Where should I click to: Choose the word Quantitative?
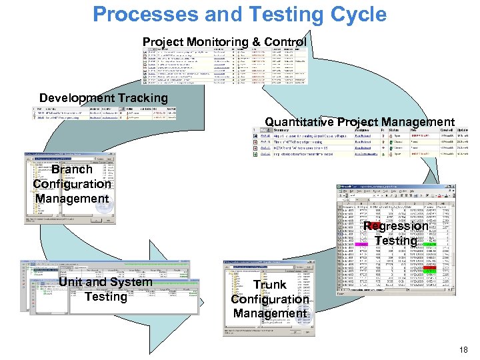(299, 122)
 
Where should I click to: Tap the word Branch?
(72, 169)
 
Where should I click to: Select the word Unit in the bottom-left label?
(72, 282)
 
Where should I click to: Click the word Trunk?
(270, 285)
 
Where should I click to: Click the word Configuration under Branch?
(72, 184)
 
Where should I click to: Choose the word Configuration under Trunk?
(270, 299)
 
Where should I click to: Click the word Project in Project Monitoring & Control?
(164, 43)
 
